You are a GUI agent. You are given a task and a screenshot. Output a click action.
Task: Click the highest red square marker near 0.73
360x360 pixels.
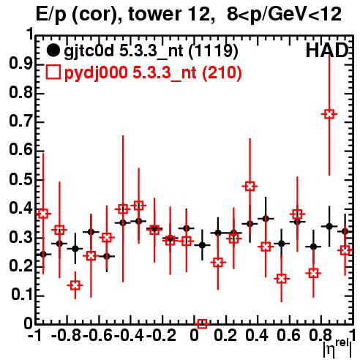tap(329, 114)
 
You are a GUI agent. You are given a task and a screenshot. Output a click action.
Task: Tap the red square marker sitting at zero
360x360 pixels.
tap(202, 323)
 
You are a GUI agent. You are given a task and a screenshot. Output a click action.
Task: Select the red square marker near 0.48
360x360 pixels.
tap(250, 187)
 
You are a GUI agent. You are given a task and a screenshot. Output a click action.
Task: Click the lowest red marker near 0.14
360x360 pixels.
tap(75, 285)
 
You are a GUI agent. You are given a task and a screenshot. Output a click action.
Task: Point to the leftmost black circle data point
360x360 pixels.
tap(43, 255)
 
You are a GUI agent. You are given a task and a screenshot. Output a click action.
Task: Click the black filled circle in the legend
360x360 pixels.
tap(53, 50)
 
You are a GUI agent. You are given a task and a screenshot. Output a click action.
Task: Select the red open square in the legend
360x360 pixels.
tap(53, 72)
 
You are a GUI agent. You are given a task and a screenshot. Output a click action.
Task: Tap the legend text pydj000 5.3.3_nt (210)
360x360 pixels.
tap(153, 73)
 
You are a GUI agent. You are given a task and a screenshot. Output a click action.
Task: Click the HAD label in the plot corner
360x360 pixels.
tap(326, 50)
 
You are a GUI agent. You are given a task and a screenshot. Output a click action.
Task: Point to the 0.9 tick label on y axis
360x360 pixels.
tap(20, 64)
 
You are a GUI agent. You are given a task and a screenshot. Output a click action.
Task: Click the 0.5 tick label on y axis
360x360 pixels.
tap(20, 179)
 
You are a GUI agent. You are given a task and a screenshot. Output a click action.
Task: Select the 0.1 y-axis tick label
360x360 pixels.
tap(21, 295)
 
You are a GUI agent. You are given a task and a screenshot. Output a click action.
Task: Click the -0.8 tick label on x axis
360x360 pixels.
tap(66, 335)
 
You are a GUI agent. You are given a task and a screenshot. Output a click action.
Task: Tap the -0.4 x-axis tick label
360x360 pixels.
tap(129, 335)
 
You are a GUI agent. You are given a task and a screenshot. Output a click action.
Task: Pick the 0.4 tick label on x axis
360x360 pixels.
tap(257, 335)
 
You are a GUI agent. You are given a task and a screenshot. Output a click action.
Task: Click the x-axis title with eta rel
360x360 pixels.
tap(337, 348)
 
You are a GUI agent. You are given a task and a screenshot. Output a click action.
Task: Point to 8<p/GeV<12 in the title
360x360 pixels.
tap(284, 15)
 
